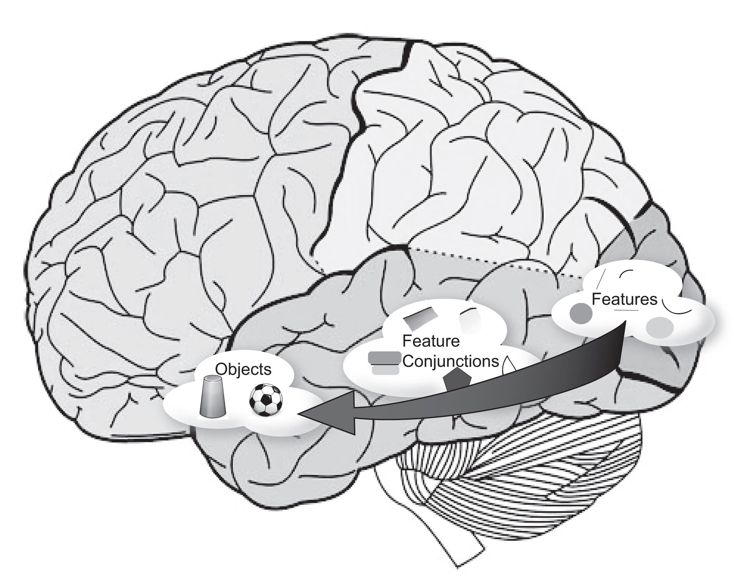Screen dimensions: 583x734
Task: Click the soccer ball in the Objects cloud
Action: [266, 400]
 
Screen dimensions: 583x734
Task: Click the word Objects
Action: [243, 369]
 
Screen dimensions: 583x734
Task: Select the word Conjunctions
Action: [451, 361]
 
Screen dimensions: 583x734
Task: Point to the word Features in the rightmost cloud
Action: [624, 299]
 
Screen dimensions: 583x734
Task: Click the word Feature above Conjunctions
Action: [431, 341]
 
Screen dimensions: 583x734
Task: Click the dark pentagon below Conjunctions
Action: [457, 382]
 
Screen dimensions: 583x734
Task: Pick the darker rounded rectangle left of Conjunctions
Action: [384, 358]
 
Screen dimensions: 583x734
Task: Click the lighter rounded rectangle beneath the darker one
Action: [385, 370]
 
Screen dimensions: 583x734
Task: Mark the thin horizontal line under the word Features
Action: [626, 311]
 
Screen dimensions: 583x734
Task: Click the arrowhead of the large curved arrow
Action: [330, 413]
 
